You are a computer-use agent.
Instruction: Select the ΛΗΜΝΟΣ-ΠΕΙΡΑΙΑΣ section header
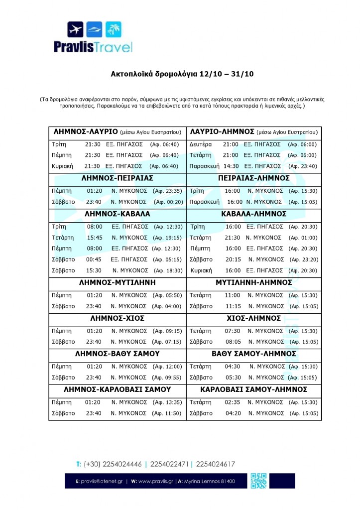118,178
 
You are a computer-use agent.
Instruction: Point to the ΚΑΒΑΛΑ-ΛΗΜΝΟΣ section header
254,214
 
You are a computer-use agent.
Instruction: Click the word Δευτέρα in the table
201,144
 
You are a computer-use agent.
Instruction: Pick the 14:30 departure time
232,166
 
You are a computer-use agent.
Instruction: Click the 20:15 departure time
233,259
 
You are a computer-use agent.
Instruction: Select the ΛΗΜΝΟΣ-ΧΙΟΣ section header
118,318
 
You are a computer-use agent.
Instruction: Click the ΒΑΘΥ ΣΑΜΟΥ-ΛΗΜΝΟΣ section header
254,354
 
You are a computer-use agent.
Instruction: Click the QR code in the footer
258,481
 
